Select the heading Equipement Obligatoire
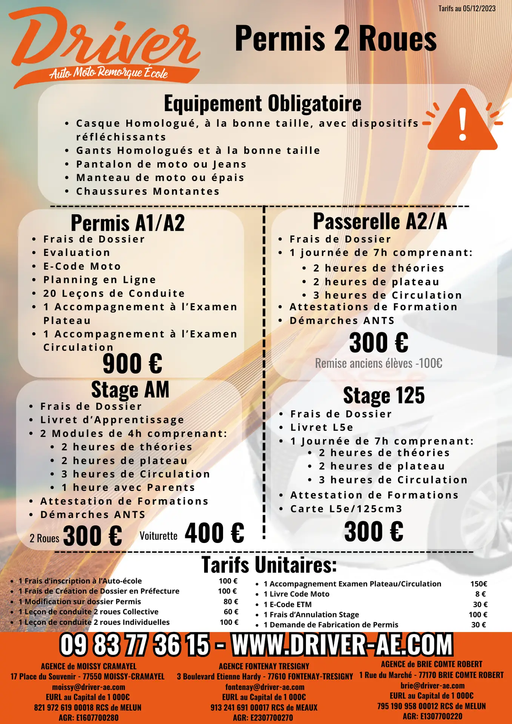(x=263, y=103)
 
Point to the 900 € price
(x=132, y=364)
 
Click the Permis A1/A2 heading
(x=128, y=223)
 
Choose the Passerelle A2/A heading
(x=380, y=221)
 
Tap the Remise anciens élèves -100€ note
(x=378, y=363)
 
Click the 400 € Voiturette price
(x=214, y=533)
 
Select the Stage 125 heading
(x=384, y=395)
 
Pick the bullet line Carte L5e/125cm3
(x=346, y=509)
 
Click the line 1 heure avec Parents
(x=128, y=488)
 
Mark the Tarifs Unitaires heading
(x=269, y=565)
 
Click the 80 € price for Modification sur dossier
(x=231, y=601)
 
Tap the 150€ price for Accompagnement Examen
(x=478, y=584)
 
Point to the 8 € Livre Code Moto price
(x=480, y=594)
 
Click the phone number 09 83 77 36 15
(x=134, y=644)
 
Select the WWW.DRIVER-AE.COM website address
(x=342, y=644)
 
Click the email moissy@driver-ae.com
(x=89, y=687)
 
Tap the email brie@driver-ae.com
(x=432, y=686)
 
